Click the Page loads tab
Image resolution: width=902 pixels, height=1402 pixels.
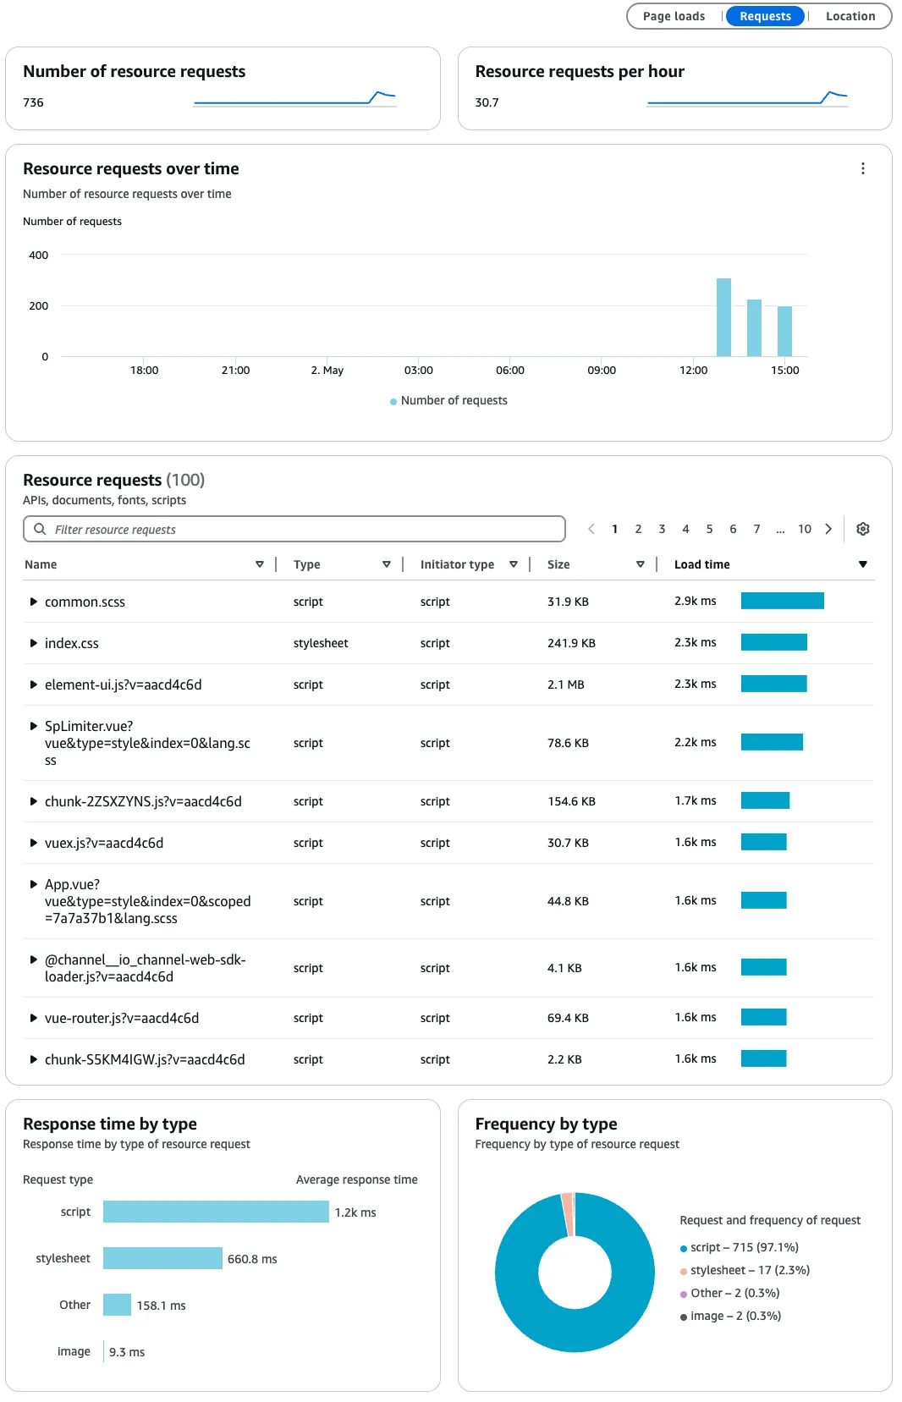click(x=674, y=16)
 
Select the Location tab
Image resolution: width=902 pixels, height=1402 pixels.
click(x=850, y=16)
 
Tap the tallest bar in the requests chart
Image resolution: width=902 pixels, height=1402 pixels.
click(x=723, y=317)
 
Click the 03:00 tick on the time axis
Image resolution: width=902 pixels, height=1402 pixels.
click(x=419, y=370)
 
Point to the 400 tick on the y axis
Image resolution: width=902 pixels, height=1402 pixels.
click(x=39, y=255)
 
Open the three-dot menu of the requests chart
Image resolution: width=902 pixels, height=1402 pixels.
click(x=862, y=168)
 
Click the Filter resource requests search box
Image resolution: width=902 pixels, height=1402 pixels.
click(x=294, y=529)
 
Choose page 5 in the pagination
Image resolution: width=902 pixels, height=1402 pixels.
click(x=709, y=529)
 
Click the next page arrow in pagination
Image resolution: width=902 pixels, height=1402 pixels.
click(x=828, y=529)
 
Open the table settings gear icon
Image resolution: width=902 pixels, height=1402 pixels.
click(x=862, y=529)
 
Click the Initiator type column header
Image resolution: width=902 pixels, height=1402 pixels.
click(x=457, y=564)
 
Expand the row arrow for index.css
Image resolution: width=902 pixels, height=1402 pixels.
click(x=33, y=643)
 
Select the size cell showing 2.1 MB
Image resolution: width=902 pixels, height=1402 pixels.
click(x=565, y=685)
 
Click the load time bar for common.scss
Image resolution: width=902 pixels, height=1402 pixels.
click(x=782, y=601)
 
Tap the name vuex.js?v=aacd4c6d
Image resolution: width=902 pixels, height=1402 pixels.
click(x=104, y=843)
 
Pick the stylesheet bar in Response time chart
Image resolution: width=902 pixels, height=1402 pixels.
click(x=162, y=1258)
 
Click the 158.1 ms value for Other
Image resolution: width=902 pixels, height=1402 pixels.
click(x=161, y=1306)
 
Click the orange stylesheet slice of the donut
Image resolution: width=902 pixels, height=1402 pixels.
click(x=567, y=1214)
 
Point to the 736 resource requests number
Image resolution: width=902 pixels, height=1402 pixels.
click(x=33, y=102)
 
